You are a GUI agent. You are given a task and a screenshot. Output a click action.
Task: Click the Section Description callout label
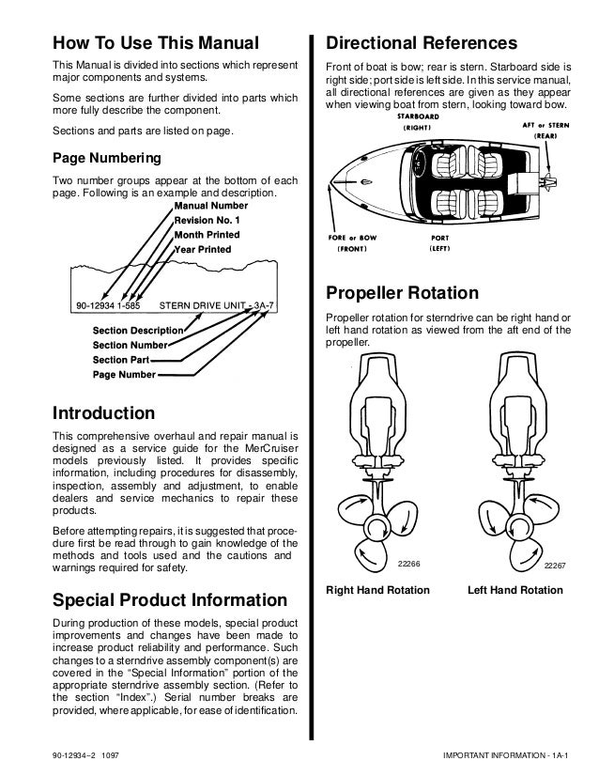137,331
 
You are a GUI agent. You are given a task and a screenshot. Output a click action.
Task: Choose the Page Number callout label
124,373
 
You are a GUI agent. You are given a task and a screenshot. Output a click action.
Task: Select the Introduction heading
103,412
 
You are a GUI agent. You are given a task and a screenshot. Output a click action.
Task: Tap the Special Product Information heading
169,599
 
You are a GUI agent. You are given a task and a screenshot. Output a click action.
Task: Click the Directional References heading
421,42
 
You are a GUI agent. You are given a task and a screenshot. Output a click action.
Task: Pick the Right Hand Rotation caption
377,590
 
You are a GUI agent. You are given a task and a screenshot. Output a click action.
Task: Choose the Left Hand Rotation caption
515,590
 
